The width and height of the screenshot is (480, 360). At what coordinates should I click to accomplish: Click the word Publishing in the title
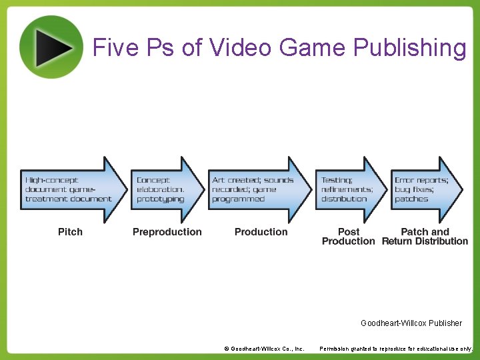[410, 48]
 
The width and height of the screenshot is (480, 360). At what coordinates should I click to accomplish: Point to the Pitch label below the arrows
[70, 232]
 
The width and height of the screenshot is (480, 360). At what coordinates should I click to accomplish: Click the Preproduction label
[167, 232]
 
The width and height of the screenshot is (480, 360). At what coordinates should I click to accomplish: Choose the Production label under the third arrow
[261, 232]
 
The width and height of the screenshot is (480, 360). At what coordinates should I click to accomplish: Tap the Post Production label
[348, 237]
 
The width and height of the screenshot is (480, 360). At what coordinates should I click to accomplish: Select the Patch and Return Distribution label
[425, 237]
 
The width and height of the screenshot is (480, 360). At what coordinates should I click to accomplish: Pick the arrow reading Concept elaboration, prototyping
[167, 190]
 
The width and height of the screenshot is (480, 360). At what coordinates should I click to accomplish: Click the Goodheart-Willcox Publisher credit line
[411, 323]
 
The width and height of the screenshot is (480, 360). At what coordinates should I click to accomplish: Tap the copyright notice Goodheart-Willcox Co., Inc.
[264, 349]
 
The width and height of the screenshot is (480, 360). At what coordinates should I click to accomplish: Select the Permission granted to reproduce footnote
[396, 349]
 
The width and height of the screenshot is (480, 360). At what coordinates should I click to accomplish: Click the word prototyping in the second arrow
[160, 199]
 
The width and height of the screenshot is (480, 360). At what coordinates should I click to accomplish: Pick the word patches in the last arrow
[411, 199]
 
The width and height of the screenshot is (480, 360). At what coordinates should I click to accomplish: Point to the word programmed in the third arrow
[238, 199]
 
